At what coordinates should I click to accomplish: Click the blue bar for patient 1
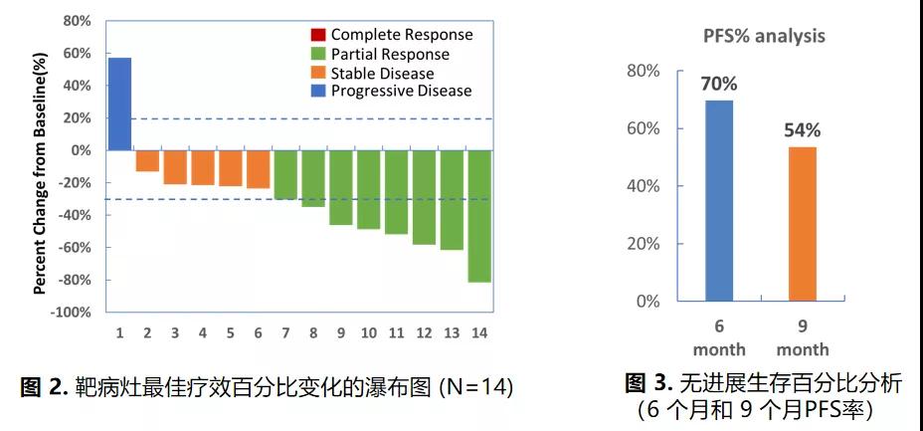119,104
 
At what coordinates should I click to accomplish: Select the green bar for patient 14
479,216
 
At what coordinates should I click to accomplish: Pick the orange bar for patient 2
147,161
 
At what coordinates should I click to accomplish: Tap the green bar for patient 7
285,174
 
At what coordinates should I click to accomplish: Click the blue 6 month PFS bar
720,199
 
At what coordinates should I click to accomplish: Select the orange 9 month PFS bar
803,223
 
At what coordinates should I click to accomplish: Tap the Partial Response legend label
390,54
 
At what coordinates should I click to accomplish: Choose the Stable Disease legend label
382,73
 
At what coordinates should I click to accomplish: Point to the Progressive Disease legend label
401,92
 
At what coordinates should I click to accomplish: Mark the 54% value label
802,130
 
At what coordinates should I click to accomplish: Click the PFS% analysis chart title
758,37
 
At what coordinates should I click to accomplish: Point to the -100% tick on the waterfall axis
73,313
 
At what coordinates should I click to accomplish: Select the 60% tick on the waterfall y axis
78,53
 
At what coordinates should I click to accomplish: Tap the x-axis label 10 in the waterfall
368,332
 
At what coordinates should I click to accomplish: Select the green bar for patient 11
396,192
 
